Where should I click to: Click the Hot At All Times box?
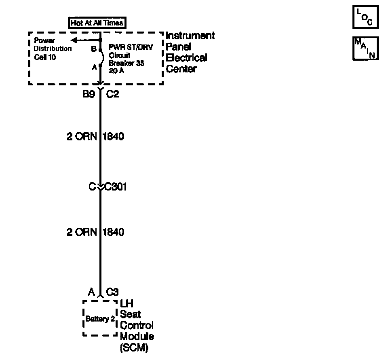97,23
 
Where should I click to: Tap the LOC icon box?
365,17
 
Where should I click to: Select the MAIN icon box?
365,49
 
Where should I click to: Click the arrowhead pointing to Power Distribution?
74,40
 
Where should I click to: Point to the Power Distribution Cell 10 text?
53,49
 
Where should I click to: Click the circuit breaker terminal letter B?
93,49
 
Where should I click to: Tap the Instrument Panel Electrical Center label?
190,52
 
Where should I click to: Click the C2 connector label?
112,94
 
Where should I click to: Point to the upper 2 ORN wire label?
82,136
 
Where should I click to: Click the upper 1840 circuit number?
114,136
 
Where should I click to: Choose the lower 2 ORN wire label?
82,232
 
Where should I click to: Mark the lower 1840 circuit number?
114,232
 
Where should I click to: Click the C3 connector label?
112,292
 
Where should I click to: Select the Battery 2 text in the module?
97,319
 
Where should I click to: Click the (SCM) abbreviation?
134,347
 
